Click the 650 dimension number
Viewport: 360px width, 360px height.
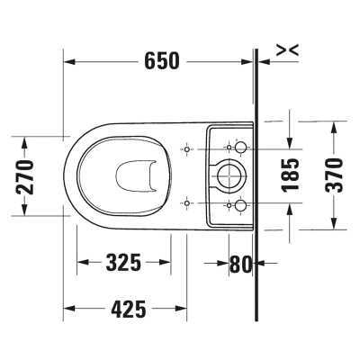tap(162, 61)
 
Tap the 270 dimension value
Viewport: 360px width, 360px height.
tap(25, 177)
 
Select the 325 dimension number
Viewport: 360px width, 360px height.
tap(123, 262)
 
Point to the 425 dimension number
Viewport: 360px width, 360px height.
tap(129, 309)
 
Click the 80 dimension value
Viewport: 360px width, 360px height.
tap(240, 265)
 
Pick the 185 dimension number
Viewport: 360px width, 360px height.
tap(290, 175)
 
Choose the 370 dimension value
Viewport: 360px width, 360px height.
tap(334, 175)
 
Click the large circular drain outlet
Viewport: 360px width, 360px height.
tap(231, 176)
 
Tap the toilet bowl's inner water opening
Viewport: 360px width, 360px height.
tap(136, 176)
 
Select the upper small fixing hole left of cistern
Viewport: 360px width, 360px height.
tap(187, 149)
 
